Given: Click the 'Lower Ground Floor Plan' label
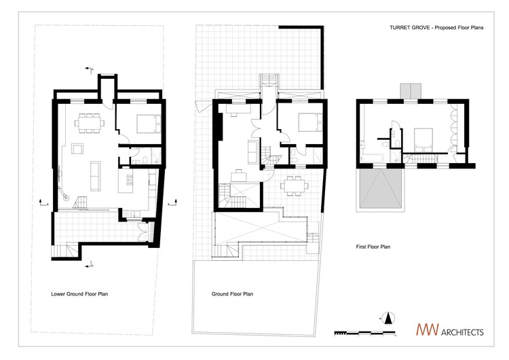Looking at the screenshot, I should click(80, 295).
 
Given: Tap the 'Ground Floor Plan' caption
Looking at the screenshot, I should click(231, 295).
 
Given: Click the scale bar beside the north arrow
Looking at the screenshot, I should click(356, 332).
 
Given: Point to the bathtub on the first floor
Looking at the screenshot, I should click(373, 158).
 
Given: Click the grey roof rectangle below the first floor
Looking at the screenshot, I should click(381, 189).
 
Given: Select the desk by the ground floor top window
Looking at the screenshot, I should click(237, 107).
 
